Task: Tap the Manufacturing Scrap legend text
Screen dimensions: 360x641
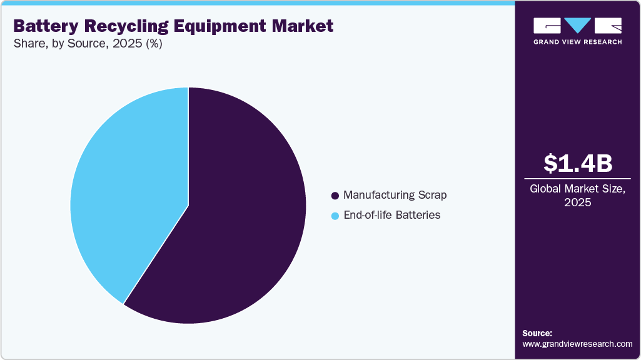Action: click(395, 195)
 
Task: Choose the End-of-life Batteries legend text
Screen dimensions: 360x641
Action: click(392, 215)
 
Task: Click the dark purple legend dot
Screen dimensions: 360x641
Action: click(335, 196)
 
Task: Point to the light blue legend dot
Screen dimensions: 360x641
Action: click(335, 216)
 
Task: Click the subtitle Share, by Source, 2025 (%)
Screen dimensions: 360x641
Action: click(88, 44)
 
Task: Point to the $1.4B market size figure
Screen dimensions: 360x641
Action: click(578, 163)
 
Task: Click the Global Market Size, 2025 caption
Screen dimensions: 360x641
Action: click(578, 196)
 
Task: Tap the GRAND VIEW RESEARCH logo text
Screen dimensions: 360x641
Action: click(578, 42)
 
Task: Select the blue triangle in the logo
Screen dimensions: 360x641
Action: click(578, 26)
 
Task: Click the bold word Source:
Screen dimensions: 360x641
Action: click(537, 333)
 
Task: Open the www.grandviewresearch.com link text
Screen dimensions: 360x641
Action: click(577, 344)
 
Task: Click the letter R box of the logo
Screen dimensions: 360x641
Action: click(608, 26)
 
